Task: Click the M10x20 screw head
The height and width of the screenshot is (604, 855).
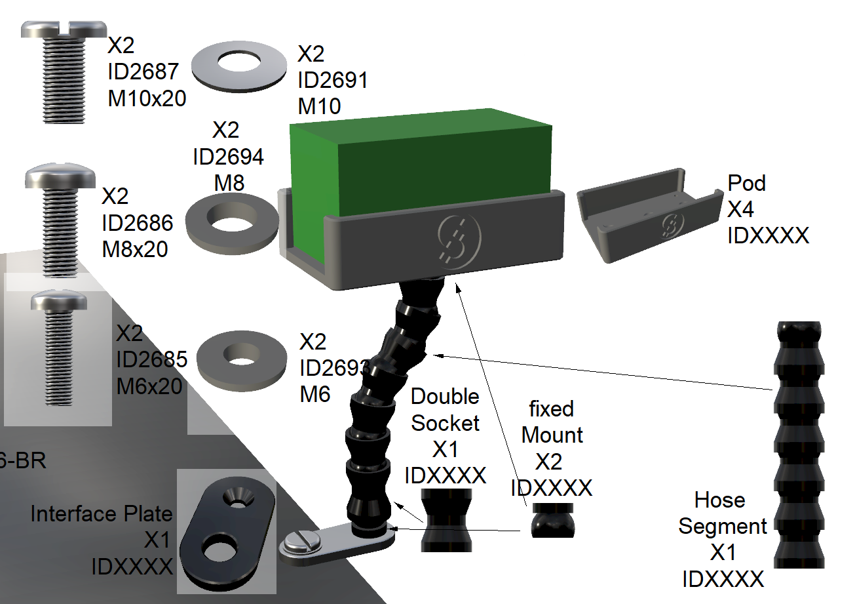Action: point(64,30)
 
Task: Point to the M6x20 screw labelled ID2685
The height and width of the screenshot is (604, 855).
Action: point(60,348)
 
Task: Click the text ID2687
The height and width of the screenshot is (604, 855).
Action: point(143,71)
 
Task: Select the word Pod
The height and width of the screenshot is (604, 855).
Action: point(746,184)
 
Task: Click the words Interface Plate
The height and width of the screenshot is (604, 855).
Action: point(102,513)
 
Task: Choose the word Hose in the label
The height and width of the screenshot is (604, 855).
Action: point(719,500)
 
